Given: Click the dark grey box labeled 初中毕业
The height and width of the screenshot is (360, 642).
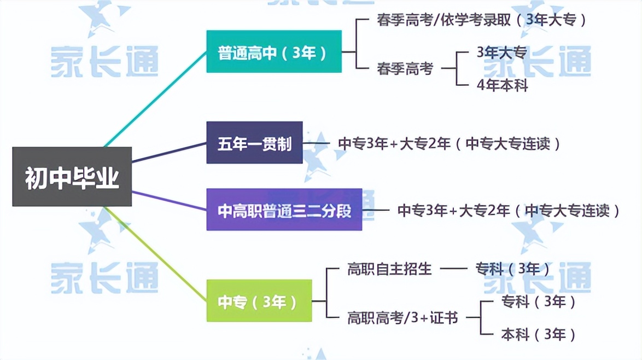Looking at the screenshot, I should pos(72,177).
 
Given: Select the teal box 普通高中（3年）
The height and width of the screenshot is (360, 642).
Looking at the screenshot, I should pos(273,52).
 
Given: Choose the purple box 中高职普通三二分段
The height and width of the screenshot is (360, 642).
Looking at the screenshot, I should pos(284,210).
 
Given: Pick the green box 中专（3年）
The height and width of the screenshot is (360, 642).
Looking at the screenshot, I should pos(259,301).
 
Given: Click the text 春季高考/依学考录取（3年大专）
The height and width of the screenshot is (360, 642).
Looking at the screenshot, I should pos(481,20).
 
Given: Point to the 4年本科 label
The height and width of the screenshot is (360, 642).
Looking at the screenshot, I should pos(502,85).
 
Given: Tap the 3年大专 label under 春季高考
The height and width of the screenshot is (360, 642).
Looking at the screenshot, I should pos(501,53).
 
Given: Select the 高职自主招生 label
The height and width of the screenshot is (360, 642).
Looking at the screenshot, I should pos(389,269).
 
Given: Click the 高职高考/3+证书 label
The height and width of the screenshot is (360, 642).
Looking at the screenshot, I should pos(402,317).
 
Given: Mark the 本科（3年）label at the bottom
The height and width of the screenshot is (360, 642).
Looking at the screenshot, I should pos(538,334).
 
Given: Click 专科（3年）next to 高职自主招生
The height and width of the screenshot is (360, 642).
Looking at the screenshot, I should pos(512,269).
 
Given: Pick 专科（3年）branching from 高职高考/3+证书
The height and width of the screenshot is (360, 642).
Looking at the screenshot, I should pos(538,301).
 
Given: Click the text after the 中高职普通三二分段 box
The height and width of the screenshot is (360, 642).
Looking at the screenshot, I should pos(509,210).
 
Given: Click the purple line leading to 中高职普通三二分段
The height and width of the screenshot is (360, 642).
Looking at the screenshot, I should pos(170,200).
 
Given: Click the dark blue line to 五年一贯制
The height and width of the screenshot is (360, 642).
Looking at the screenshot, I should pos(170,152).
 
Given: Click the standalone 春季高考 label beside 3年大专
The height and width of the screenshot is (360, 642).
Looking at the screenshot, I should pos(405,69).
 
